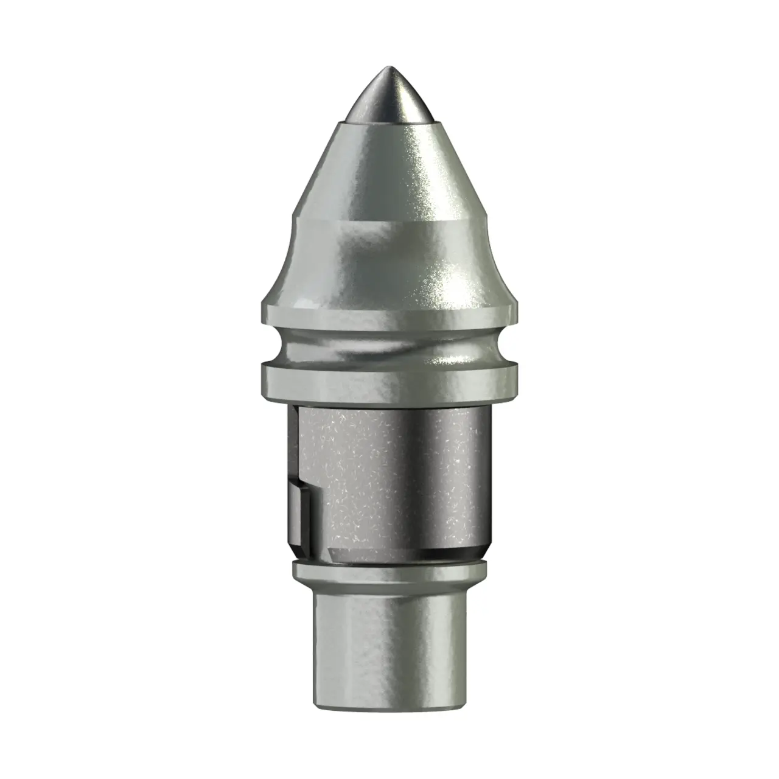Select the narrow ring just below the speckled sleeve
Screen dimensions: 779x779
(389, 571)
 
